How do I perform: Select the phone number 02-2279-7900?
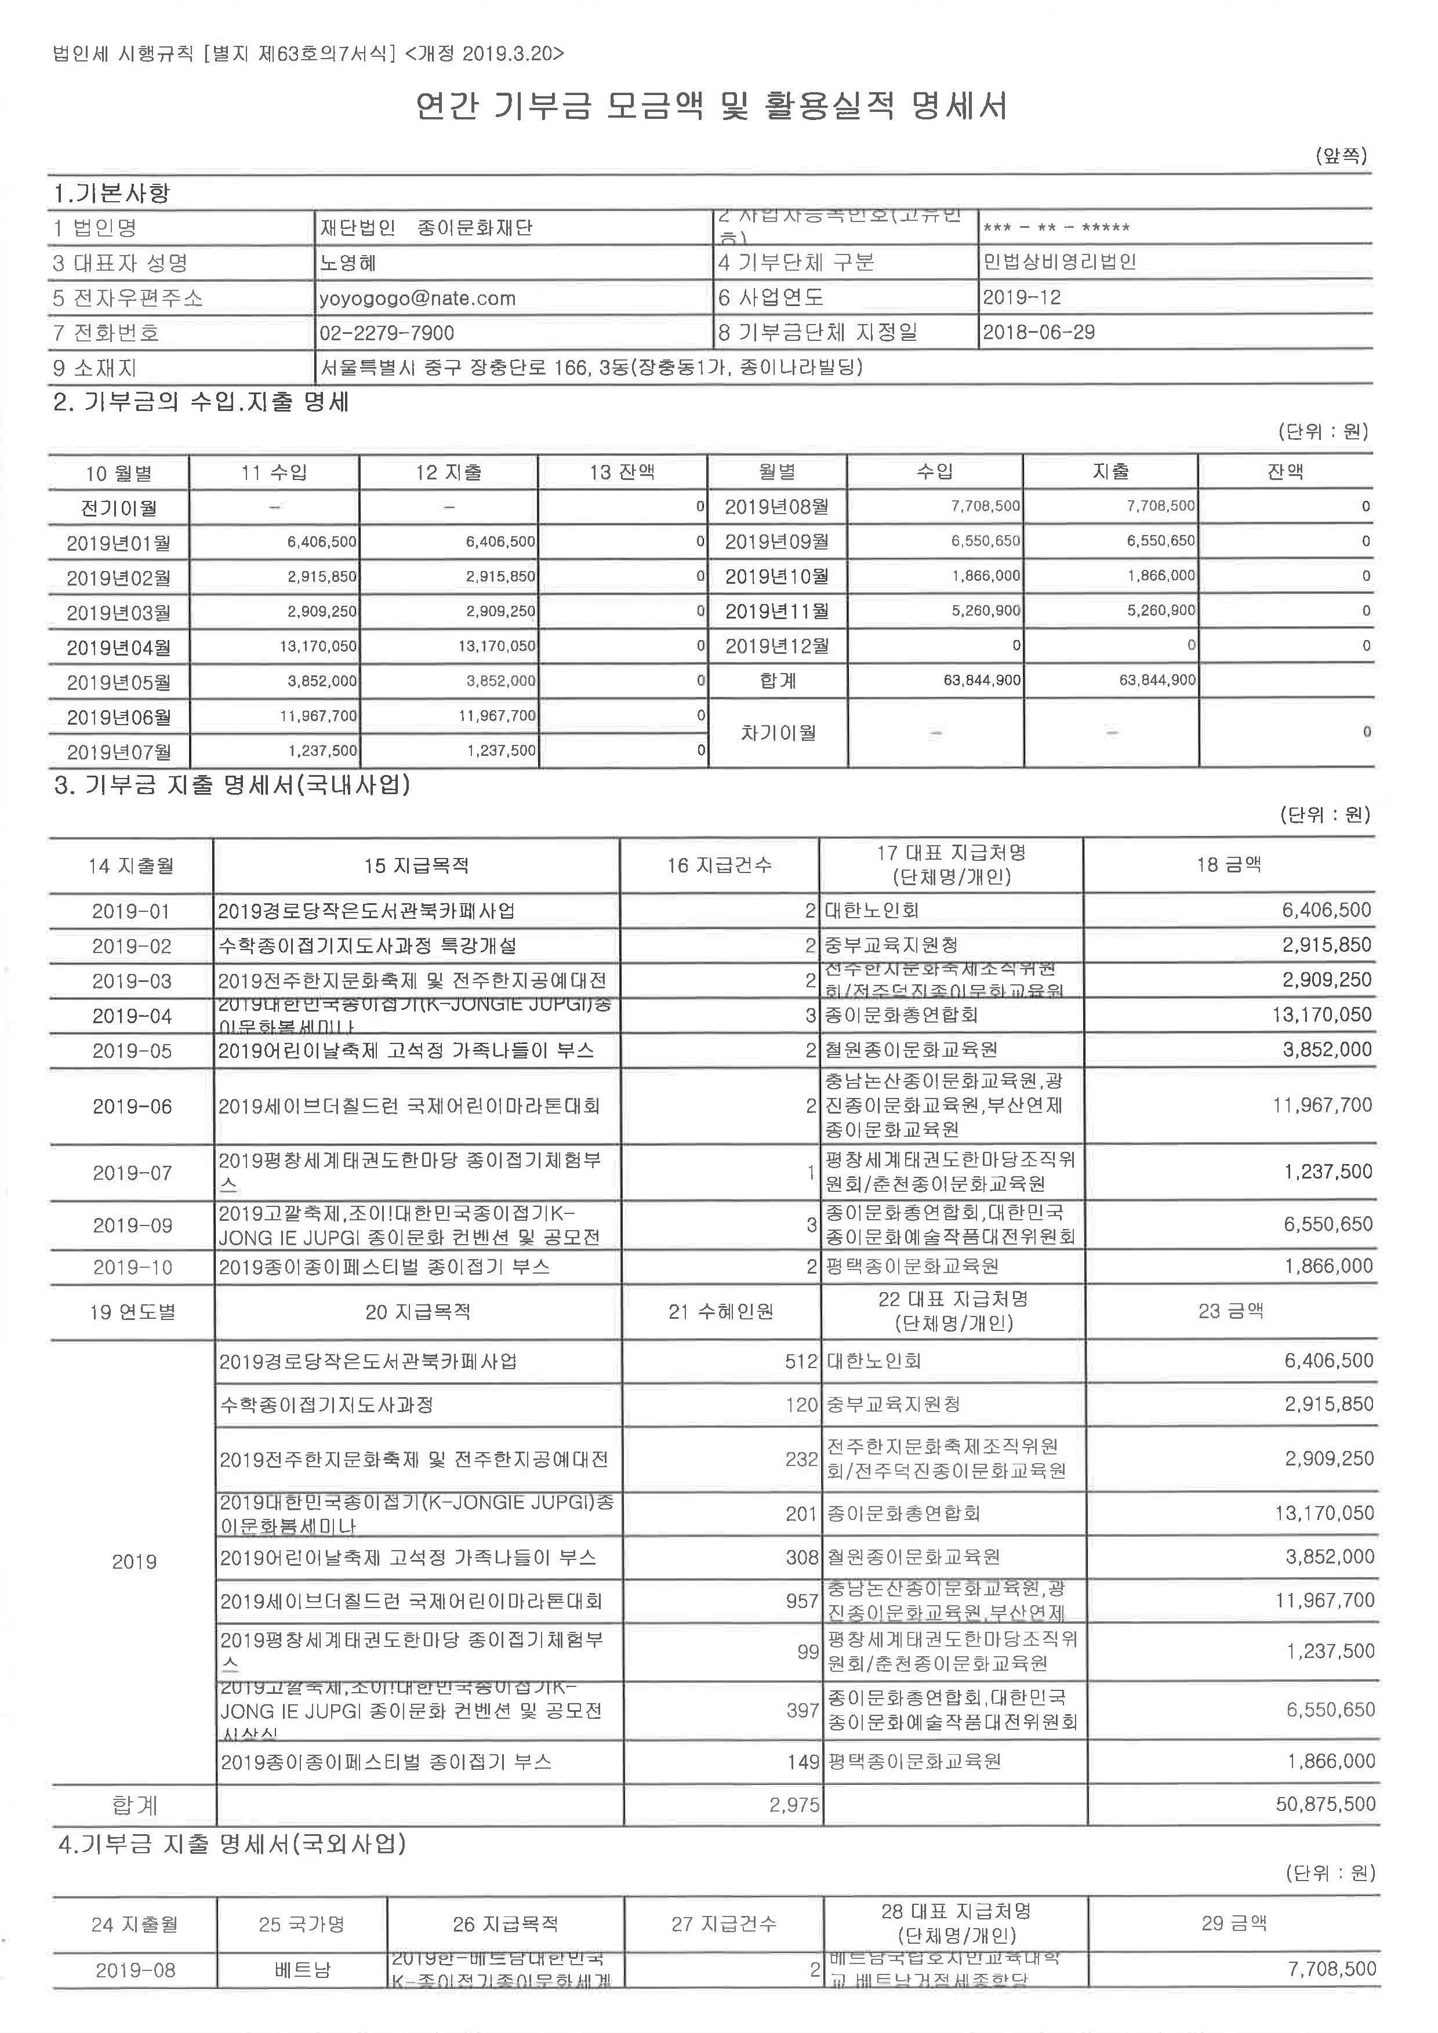coord(387,333)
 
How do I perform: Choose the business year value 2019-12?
coord(1021,297)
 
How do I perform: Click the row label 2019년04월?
coord(119,648)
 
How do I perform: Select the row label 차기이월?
coord(778,732)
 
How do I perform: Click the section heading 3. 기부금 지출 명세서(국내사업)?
coord(232,784)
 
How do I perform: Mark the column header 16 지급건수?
coord(719,865)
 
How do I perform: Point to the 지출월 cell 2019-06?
coord(132,1106)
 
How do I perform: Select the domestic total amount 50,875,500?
coord(1326,1803)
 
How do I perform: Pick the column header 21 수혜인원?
coord(721,1311)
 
